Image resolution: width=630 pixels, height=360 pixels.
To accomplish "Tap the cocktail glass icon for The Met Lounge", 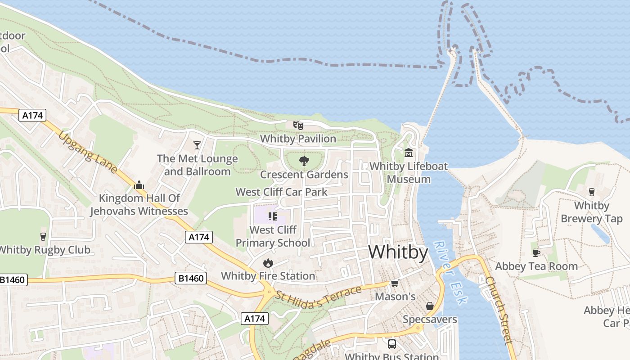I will coord(197,145).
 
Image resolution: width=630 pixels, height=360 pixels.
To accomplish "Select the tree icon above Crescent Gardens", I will coord(304,161).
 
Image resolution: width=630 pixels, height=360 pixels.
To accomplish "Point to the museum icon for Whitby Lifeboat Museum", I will coord(409,153).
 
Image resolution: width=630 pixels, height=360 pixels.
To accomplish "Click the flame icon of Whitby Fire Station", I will coord(268,262).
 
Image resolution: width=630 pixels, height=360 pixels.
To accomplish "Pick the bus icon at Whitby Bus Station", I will coord(392,344).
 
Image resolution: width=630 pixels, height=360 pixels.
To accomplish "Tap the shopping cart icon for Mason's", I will coord(395,283).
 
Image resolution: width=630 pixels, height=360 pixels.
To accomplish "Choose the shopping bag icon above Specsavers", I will coord(430,306).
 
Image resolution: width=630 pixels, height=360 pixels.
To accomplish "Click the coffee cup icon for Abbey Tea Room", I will coord(536,253).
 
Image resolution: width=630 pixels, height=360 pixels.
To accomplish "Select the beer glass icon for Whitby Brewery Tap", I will coord(591,192).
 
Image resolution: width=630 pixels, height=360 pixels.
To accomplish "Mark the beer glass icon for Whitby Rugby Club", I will coord(43,236).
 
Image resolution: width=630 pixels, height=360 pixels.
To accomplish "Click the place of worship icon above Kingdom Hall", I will coord(139,185).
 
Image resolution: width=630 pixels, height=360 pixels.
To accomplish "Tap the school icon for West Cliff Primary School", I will coord(272,216).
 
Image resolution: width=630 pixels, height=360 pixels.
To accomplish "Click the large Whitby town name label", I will coord(398,252).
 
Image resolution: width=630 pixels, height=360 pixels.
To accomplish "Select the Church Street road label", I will coord(499,310).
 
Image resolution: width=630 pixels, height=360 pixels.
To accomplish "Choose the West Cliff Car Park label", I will coord(282,192).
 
